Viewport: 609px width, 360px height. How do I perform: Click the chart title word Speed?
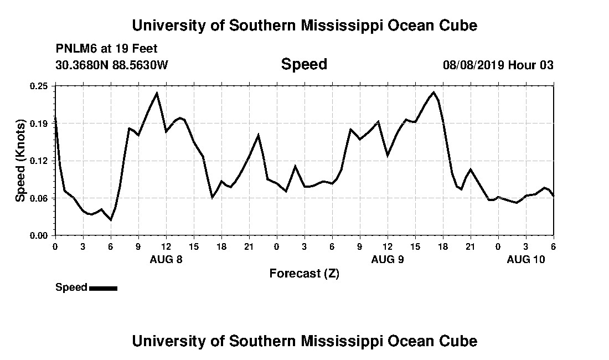click(x=304, y=64)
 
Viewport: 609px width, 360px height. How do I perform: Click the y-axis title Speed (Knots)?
click(x=20, y=161)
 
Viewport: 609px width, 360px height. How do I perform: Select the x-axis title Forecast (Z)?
click(x=304, y=273)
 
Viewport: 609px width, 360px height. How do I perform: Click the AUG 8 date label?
click(x=166, y=259)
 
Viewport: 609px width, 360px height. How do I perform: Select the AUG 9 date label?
click(x=388, y=259)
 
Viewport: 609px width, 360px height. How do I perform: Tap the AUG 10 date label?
click(x=526, y=259)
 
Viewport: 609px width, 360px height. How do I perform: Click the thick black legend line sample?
click(x=103, y=288)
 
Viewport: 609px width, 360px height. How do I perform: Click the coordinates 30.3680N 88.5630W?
click(x=111, y=65)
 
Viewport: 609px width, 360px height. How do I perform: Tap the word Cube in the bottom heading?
click(x=461, y=341)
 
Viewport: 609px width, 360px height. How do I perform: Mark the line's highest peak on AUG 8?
click(x=157, y=92)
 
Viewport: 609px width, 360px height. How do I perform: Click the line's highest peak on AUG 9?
click(x=433, y=92)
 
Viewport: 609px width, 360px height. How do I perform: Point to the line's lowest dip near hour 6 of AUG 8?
click(x=111, y=220)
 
